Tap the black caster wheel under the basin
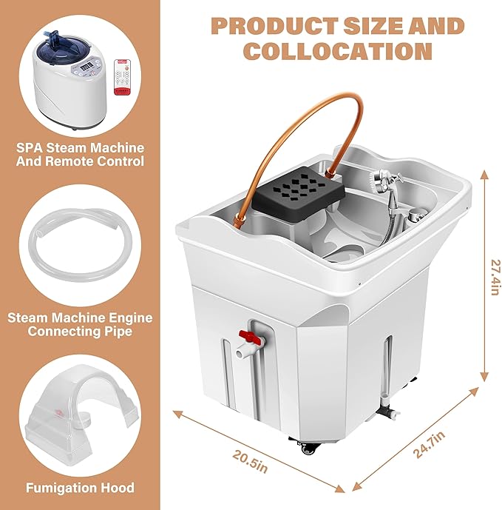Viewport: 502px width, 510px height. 305,447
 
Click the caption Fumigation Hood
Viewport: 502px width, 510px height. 80,488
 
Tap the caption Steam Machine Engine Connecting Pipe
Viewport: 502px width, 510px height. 80,324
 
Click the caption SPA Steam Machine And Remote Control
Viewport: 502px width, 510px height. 80,154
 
